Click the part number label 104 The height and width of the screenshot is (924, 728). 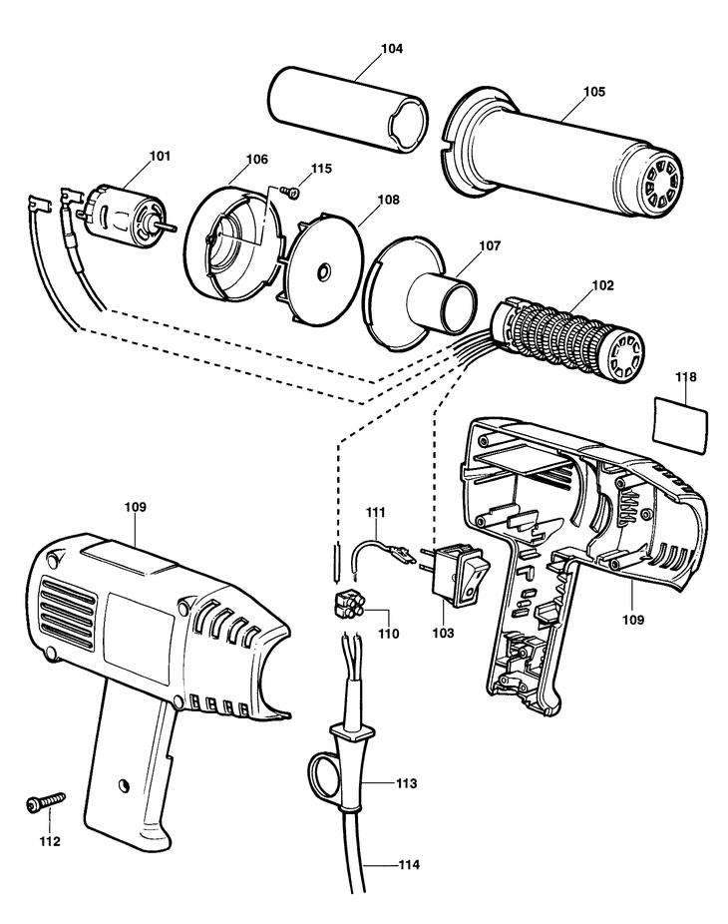[392, 48]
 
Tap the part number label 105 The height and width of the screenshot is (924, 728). [593, 92]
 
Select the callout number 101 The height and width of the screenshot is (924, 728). [160, 156]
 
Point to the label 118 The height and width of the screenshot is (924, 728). [685, 376]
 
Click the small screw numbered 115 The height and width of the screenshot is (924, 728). [289, 191]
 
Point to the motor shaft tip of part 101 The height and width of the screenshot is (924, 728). [175, 227]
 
